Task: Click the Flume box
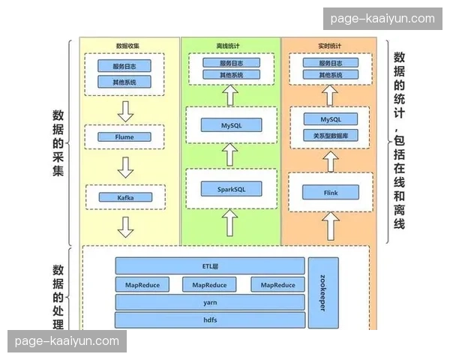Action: pos(125,138)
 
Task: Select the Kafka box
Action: pos(125,197)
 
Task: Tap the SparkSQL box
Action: pos(229,188)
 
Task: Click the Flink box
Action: pos(331,193)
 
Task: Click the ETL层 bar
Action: pos(210,265)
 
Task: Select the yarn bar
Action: pos(210,302)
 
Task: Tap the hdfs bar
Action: pos(210,320)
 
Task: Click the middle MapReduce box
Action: pos(209,284)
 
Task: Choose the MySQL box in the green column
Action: pos(230,124)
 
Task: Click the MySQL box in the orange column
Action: pos(331,119)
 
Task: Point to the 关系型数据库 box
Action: pos(331,136)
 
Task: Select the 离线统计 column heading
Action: pos(230,46)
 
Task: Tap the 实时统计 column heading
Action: pos(331,46)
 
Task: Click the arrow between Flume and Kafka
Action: pos(125,166)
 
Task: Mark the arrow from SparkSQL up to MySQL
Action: pos(230,155)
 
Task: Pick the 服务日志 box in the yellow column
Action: pos(124,65)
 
